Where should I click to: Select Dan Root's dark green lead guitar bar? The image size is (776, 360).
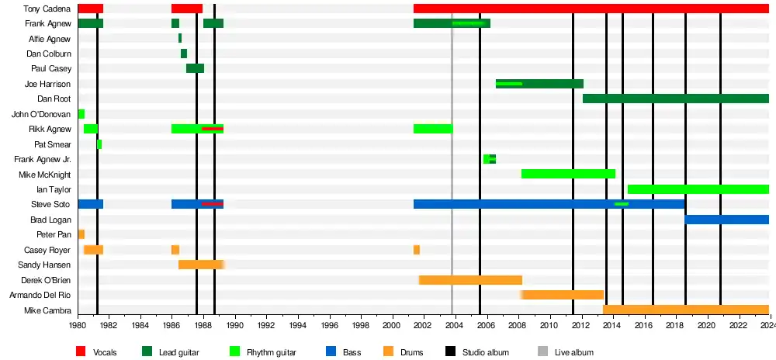[x=675, y=99]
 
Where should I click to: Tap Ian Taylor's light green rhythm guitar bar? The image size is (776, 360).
[x=698, y=189]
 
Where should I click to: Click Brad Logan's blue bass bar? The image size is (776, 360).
[x=726, y=220]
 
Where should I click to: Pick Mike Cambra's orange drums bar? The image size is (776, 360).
[x=685, y=310]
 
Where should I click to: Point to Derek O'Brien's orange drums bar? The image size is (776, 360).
[x=470, y=280]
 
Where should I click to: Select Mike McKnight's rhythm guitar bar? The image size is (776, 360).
[x=568, y=174]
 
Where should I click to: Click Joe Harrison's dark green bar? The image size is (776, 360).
[x=551, y=84]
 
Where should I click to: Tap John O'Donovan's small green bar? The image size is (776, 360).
[x=81, y=114]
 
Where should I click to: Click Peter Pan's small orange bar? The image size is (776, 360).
[x=81, y=234]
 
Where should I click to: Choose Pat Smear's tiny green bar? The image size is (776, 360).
[x=99, y=144]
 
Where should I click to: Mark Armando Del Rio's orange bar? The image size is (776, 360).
[x=563, y=295]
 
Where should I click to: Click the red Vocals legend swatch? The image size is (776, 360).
[x=81, y=352]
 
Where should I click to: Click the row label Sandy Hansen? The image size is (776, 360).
[x=50, y=265]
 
